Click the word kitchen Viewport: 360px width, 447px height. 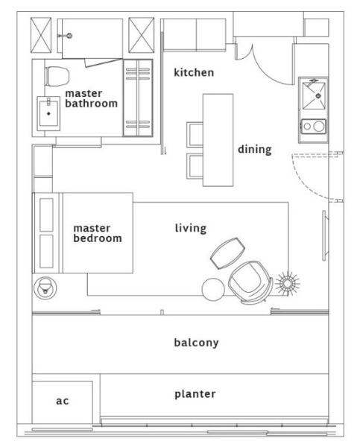pyautogui.click(x=194, y=72)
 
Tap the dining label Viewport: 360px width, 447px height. pyautogui.click(x=255, y=150)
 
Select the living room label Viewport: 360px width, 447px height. pyautogui.click(x=191, y=229)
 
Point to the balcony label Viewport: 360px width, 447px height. pyautogui.click(x=196, y=343)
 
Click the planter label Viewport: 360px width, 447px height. pyautogui.click(x=195, y=394)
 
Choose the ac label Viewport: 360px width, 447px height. pyautogui.click(x=62, y=401)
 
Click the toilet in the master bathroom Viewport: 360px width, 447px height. pyautogui.click(x=57, y=76)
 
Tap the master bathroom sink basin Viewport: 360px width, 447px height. pyautogui.click(x=48, y=113)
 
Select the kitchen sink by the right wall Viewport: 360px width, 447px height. pyautogui.click(x=314, y=96)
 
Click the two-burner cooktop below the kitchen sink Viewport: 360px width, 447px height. pyautogui.click(x=313, y=127)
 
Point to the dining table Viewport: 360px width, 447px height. pyautogui.click(x=218, y=140)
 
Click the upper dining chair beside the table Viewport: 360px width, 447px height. pyautogui.click(x=195, y=135)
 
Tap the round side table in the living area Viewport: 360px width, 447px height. pyautogui.click(x=213, y=289)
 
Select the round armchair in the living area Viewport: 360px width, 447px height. pyautogui.click(x=250, y=282)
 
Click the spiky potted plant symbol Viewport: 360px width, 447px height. pyautogui.click(x=287, y=283)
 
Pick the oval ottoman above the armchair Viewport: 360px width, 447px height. pyautogui.click(x=227, y=253)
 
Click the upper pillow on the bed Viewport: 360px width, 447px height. pyautogui.click(x=46, y=215)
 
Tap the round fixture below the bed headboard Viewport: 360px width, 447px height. pyautogui.click(x=45, y=288)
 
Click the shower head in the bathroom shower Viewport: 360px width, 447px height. pyautogui.click(x=69, y=36)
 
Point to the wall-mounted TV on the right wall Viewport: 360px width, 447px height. pyautogui.click(x=325, y=235)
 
